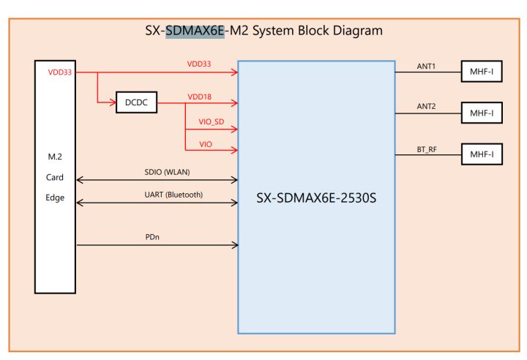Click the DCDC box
137,103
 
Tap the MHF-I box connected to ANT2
482,113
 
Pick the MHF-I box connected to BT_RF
482,155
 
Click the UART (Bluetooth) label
173,195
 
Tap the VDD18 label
199,96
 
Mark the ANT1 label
426,65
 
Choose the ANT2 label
426,107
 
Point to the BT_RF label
427,149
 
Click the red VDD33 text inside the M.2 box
59,72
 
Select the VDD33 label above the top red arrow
199,64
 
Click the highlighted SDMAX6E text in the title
195,31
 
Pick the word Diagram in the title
357,31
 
